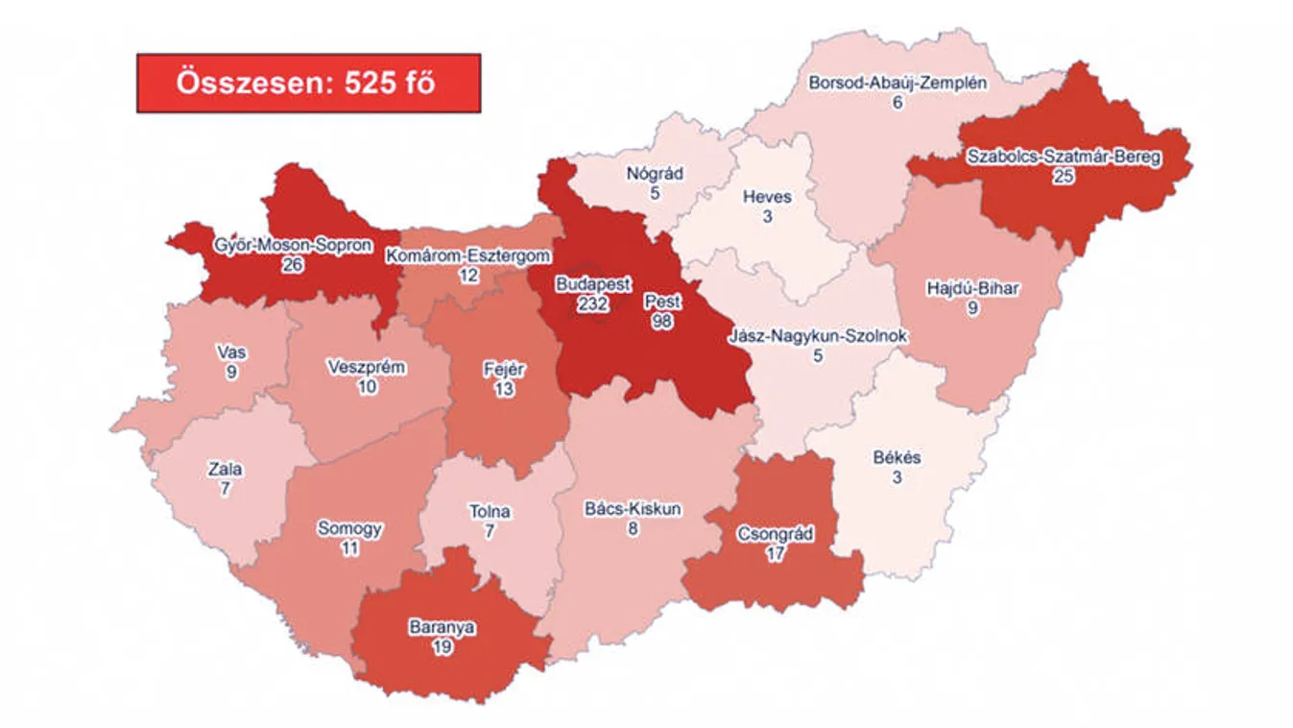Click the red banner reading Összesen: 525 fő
point(308,83)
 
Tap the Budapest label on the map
point(592,285)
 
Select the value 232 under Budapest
point(591,303)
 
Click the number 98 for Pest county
point(661,322)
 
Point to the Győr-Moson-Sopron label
point(293,245)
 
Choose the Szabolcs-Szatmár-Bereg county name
point(1064,158)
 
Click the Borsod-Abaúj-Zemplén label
point(898,83)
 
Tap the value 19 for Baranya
point(443,647)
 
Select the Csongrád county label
point(775,534)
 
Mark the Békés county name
point(897,457)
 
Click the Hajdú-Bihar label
point(972,288)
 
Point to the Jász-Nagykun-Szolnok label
point(818,337)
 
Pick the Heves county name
point(767,197)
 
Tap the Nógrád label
point(655,174)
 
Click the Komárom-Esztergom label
point(467,255)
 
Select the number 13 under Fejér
point(504,389)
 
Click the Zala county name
point(225,470)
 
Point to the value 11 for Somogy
point(349,548)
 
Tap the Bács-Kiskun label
point(633,509)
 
